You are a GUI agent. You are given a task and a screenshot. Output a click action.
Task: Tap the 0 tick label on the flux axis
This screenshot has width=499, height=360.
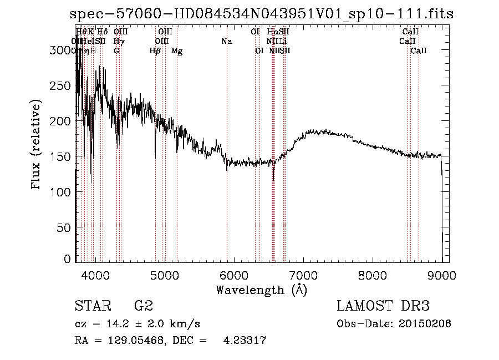(x=68, y=259)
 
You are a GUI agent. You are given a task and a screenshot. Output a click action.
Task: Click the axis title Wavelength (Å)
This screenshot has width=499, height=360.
(x=261, y=290)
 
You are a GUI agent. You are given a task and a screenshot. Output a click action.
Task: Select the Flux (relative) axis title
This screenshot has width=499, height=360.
(x=37, y=146)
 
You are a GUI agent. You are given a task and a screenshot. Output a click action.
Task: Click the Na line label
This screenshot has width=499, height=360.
(x=226, y=42)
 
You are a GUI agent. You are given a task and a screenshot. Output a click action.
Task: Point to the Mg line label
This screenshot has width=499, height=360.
(x=177, y=51)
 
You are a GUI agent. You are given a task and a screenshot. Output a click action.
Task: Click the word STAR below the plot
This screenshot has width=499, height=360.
(x=91, y=306)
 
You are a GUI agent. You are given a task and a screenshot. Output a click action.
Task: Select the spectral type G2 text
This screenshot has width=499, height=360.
(x=143, y=306)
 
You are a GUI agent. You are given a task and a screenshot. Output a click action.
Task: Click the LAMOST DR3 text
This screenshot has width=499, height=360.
(x=383, y=306)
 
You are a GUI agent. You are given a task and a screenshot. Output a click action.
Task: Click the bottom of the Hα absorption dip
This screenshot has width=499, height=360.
(x=273, y=180)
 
